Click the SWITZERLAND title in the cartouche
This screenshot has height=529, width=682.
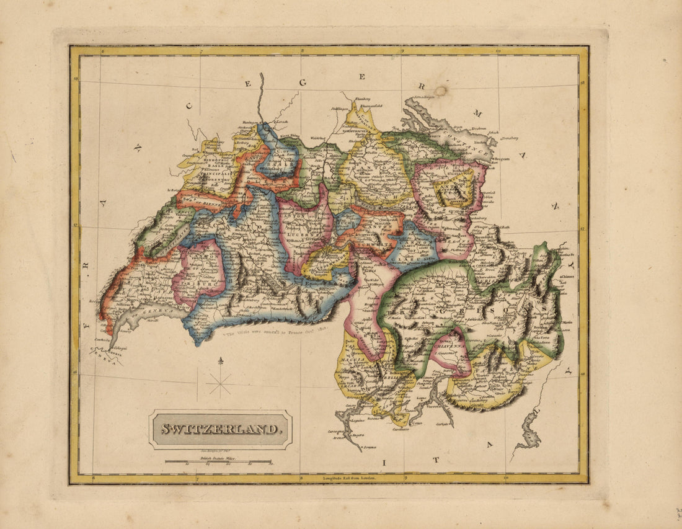220,429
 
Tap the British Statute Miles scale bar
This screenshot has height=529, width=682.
218,461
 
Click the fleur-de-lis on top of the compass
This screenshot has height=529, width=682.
219,361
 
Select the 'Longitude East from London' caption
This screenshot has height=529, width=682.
350,478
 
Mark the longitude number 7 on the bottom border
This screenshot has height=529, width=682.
197,478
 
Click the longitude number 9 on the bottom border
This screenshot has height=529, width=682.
405,478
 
